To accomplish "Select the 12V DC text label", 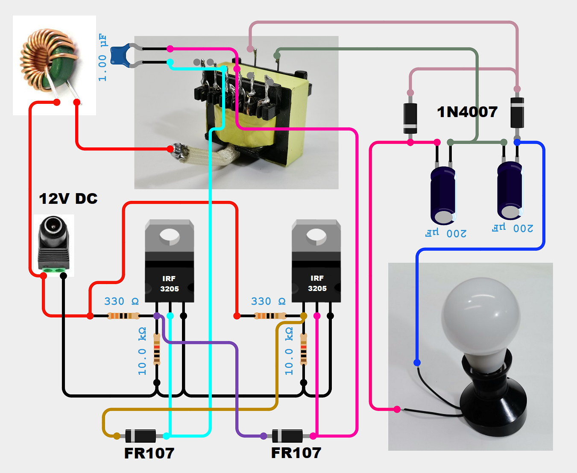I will [68, 199].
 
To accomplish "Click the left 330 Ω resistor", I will [123, 316].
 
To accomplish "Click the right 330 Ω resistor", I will [270, 316].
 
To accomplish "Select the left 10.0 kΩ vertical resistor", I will [157, 349].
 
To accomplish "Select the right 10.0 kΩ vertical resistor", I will [304, 349].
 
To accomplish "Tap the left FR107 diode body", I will [141, 436].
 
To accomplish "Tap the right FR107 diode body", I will [287, 436].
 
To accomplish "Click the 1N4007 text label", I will [467, 112].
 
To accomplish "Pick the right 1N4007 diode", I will [517, 112].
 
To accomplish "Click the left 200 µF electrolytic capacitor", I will [443, 195].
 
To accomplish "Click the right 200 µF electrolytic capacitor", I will [510, 190].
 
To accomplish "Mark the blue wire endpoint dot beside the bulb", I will [417, 363].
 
